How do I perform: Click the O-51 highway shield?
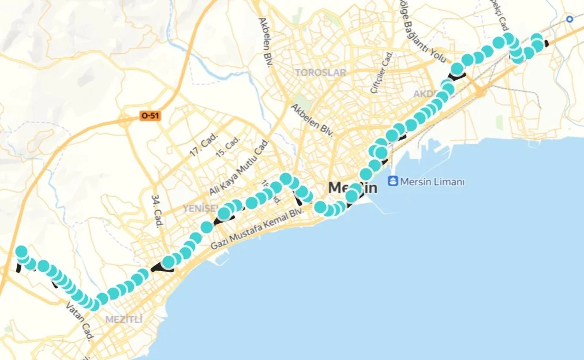tap(149, 116)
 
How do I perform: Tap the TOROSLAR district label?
tap(320, 73)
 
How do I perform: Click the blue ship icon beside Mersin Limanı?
tap(393, 182)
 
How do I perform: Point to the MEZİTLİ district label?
tap(123, 319)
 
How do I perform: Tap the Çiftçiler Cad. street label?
tap(381, 72)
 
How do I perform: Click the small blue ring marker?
tap(570, 19)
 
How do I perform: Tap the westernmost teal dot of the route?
tap(21, 252)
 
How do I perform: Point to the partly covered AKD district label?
tap(425, 93)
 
